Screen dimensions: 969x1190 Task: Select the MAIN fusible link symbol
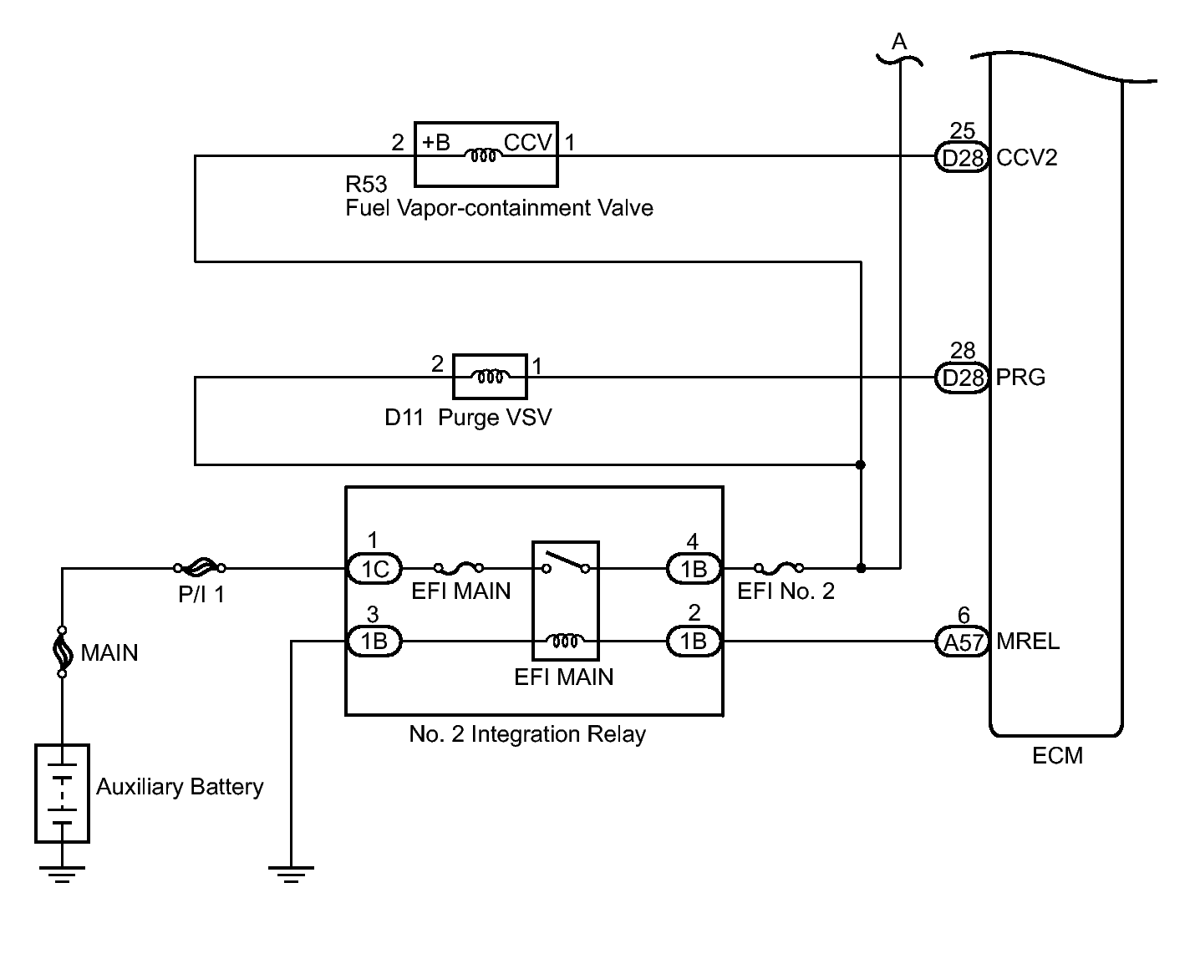(x=62, y=651)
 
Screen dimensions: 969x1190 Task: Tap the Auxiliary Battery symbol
(x=62, y=793)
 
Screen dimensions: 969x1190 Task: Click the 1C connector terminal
(x=374, y=569)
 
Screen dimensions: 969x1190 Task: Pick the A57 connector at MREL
(x=962, y=642)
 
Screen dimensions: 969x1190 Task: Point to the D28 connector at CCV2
(x=962, y=157)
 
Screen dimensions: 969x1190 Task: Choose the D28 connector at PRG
(x=962, y=378)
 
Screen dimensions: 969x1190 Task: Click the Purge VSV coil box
(x=490, y=376)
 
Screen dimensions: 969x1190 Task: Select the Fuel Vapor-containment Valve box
(x=486, y=154)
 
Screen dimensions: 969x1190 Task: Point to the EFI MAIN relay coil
(x=566, y=641)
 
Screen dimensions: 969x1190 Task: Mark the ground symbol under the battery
(x=62, y=872)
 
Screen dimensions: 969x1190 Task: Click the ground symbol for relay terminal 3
(x=291, y=872)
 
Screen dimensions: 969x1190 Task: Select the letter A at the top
(x=899, y=40)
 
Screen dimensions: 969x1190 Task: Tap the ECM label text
(x=1057, y=756)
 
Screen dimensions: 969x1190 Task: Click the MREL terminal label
(x=1028, y=642)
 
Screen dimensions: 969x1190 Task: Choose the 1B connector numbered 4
(x=694, y=569)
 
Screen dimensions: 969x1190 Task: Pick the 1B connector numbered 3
(x=374, y=642)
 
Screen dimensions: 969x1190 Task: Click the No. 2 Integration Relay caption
(x=527, y=734)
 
